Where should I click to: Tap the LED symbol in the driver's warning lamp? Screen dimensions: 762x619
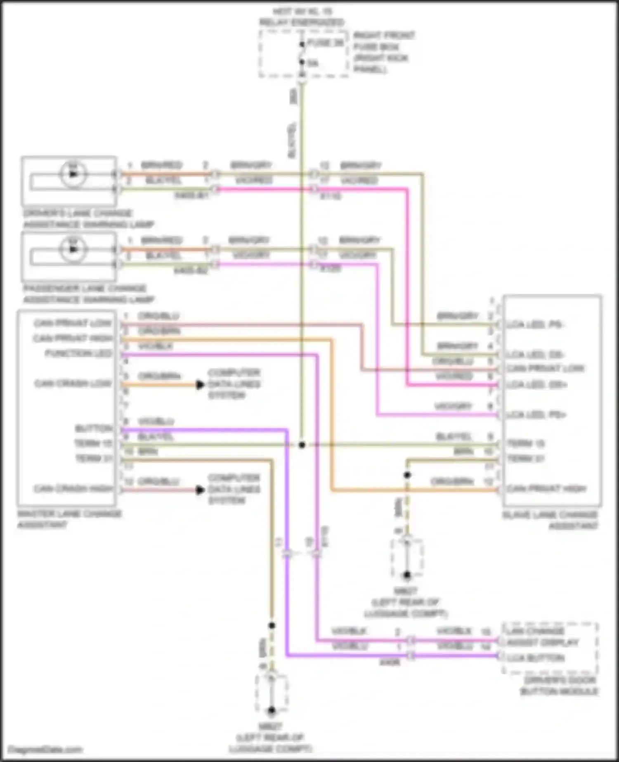(73, 173)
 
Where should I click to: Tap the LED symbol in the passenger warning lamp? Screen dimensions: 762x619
(73, 249)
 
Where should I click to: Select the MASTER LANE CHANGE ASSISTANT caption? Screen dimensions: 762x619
(69, 519)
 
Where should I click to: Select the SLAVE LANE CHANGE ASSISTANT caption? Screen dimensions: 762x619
(550, 520)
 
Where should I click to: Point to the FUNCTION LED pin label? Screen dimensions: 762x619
(78, 354)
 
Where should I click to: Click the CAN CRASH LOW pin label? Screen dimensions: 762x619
(73, 384)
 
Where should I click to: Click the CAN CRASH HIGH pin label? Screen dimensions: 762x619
(73, 489)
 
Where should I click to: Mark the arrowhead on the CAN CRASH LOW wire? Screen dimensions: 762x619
(200, 385)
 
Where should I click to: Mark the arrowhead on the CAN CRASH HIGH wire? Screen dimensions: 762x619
(200, 490)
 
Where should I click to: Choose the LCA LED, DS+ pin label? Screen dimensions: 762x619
(536, 385)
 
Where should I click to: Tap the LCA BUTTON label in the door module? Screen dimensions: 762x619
(536, 658)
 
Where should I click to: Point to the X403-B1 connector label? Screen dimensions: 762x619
(191, 196)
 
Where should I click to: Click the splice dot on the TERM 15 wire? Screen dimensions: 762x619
(302, 445)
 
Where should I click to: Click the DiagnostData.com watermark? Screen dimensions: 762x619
(45, 750)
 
